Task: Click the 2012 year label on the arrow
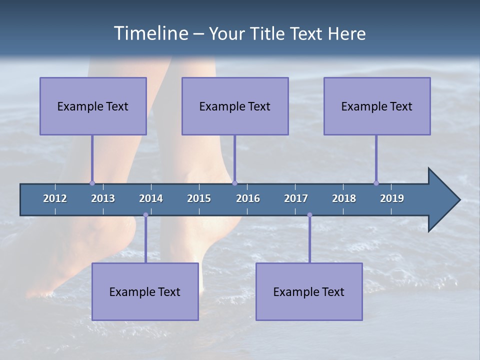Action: [x=55, y=198]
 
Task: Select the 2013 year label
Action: [x=103, y=198]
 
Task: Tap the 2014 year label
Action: [x=151, y=198]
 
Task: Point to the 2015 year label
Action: [x=199, y=198]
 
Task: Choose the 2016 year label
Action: [x=248, y=198]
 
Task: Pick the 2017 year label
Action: [x=296, y=198]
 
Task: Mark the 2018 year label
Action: [x=344, y=198]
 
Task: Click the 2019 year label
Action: [x=392, y=198]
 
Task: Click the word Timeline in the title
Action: [x=150, y=33]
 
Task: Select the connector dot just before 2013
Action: [x=92, y=183]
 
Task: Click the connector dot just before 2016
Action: [x=234, y=183]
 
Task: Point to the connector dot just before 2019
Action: [x=376, y=183]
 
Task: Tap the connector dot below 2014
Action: [x=145, y=215]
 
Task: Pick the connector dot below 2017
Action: [x=309, y=215]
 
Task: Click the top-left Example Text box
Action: [x=93, y=106]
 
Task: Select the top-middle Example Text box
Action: [x=235, y=106]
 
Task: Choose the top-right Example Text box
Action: [x=377, y=106]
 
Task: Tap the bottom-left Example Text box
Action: [x=145, y=291]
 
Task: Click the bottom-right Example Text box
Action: [x=309, y=291]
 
